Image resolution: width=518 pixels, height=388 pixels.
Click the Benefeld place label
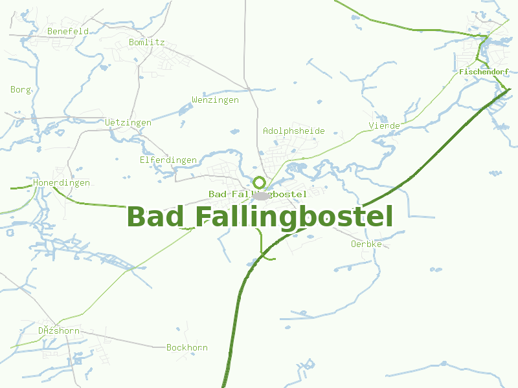pyautogui.click(x=68, y=31)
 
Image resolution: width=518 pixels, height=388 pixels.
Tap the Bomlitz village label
pyautogui.click(x=147, y=43)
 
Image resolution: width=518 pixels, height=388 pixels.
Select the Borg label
pyautogui.click(x=21, y=90)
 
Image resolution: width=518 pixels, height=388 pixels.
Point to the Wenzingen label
pyautogui.click(x=215, y=100)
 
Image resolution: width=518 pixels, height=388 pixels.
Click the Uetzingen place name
pyautogui.click(x=128, y=122)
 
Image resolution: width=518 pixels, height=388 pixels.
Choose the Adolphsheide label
pyautogui.click(x=293, y=131)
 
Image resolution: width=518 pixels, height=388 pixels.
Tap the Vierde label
pyautogui.click(x=385, y=125)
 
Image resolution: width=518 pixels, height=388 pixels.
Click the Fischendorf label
pyautogui.click(x=484, y=72)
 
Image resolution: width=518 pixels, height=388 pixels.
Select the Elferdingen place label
pyautogui.click(x=168, y=160)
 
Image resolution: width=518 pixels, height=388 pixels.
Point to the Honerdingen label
pyautogui.click(x=62, y=183)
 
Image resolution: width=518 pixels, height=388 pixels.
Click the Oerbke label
pyautogui.click(x=366, y=244)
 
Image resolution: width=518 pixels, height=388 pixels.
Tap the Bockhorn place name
pyautogui.click(x=187, y=348)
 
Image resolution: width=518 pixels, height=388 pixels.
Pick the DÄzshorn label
pyautogui.click(x=58, y=331)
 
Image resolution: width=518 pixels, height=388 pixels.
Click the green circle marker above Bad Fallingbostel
pyautogui.click(x=260, y=182)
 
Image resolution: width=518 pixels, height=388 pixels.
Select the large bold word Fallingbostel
pyautogui.click(x=295, y=217)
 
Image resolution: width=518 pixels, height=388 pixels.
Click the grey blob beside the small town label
pyautogui.click(x=262, y=195)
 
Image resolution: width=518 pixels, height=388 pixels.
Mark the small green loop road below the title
pyautogui.click(x=265, y=252)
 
